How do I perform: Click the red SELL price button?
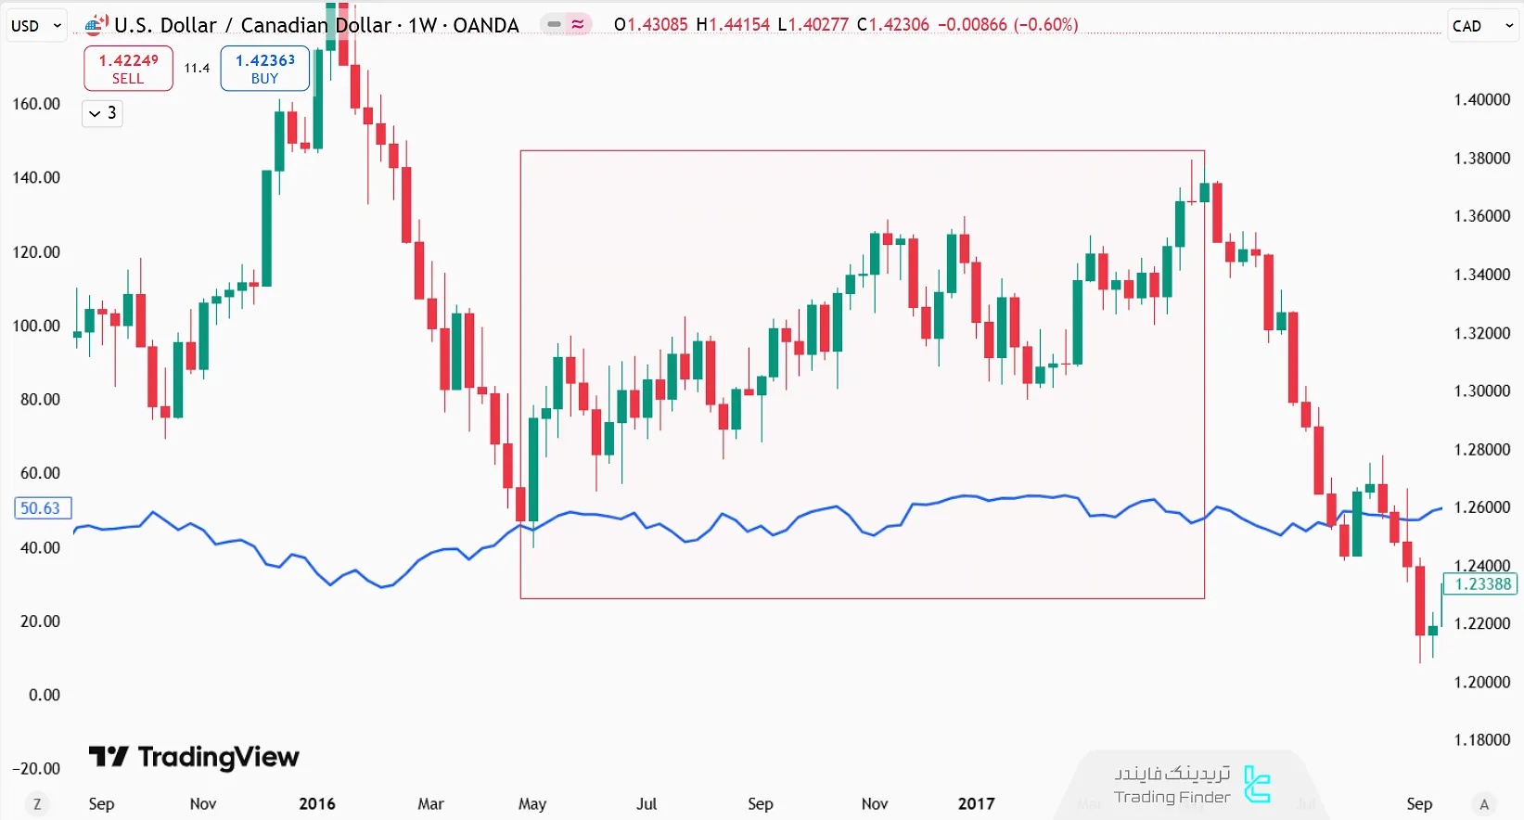[128, 69]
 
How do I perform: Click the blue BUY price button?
[264, 69]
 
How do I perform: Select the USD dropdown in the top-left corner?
[36, 26]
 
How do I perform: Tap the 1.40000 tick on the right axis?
[1481, 100]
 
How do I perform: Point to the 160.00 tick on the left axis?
[36, 104]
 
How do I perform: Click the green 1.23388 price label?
[1482, 584]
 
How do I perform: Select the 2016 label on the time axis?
[316, 804]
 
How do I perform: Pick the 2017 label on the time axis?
[976, 804]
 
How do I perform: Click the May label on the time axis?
[531, 804]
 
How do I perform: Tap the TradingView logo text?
[195, 758]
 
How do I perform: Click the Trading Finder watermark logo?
[1192, 785]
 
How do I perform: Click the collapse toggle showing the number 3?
[102, 113]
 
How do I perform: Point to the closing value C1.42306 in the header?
[892, 25]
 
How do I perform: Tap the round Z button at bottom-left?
[37, 804]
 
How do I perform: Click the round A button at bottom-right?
[1484, 804]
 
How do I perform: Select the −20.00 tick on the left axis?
[36, 769]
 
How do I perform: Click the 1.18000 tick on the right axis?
[1481, 740]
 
